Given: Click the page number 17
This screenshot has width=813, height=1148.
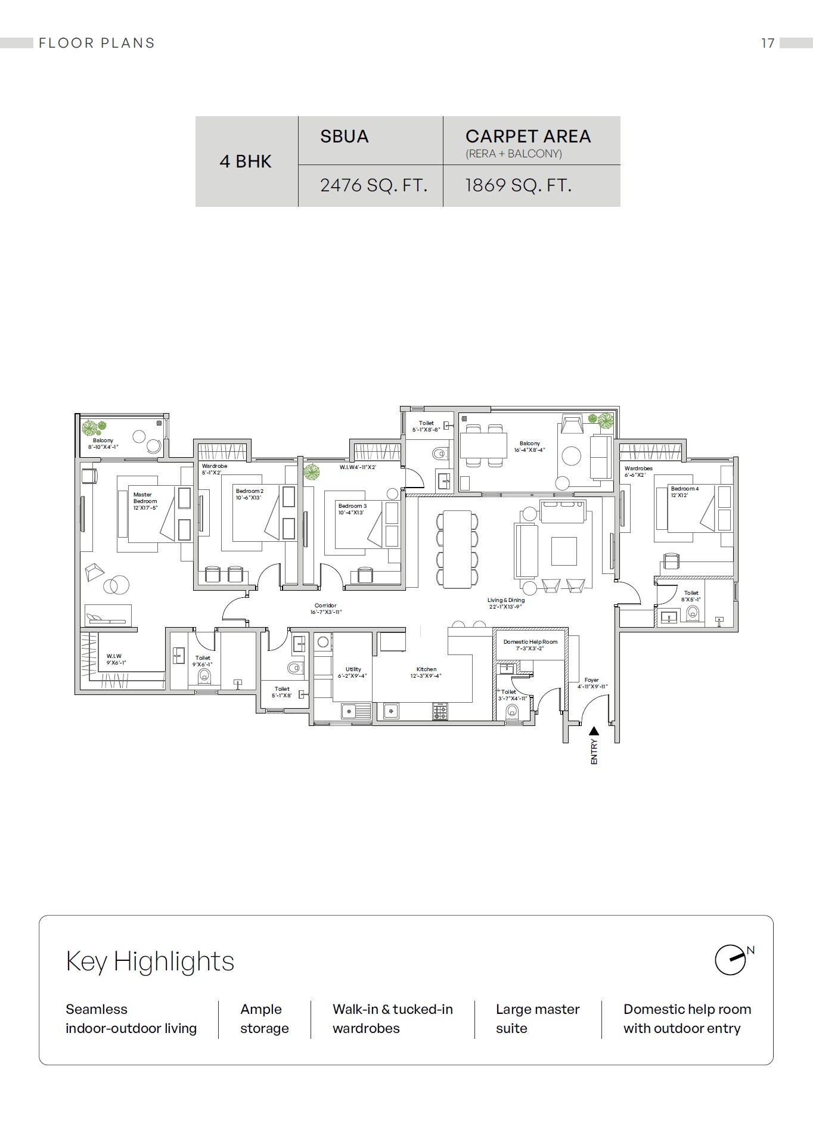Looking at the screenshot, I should pos(768,43).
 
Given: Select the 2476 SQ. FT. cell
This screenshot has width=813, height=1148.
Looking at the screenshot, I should pos(374,185).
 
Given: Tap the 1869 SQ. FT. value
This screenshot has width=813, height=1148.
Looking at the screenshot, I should pos(518,185).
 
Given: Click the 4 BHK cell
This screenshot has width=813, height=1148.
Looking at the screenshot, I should pos(246,162).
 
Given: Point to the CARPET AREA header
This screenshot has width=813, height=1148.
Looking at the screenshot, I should pos(528,136).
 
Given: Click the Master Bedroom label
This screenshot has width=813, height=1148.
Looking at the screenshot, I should pos(144,498).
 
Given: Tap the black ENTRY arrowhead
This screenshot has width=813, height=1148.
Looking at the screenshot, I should pos(594,731).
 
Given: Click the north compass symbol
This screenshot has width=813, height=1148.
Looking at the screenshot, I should pos(731,960).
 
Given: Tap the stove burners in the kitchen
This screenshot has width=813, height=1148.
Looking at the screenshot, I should pos(440,710).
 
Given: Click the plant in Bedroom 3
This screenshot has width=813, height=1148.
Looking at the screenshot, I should pos(311,473).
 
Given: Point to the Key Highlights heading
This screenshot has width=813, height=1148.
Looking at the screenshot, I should pos(150,961).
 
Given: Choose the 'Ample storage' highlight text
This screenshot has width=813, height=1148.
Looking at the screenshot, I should pos(264,1019).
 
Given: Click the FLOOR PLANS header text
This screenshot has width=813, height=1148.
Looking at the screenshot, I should pos(97,43).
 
